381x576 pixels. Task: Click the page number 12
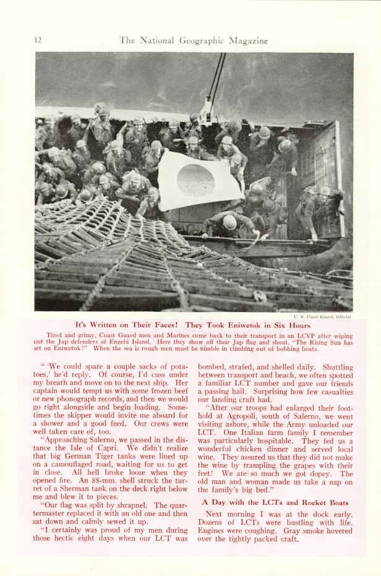coord(38,40)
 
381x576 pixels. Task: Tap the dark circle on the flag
coord(195,180)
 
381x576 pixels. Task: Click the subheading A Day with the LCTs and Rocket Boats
coord(275,502)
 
